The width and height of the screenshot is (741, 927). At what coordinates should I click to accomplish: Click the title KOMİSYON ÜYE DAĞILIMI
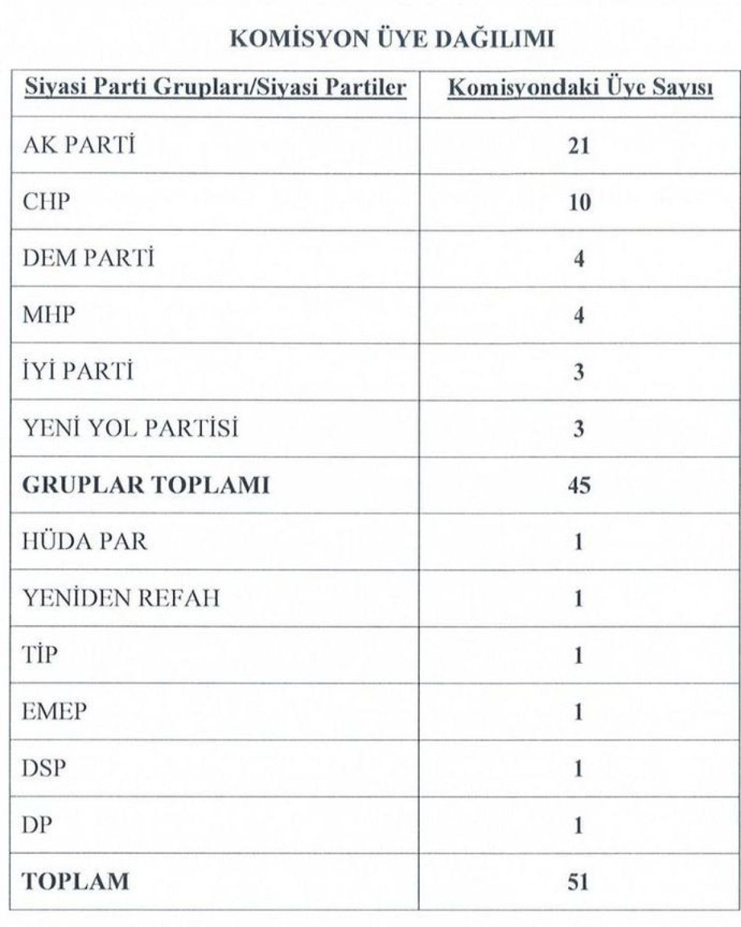[391, 38]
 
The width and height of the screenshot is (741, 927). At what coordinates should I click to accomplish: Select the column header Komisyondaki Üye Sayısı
[580, 88]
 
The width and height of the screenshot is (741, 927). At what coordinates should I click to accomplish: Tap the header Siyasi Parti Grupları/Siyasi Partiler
[215, 88]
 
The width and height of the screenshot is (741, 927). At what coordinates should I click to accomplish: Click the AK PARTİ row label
[78, 145]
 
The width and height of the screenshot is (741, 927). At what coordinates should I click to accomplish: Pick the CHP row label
[46, 201]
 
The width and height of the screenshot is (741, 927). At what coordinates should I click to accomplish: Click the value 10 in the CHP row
[579, 203]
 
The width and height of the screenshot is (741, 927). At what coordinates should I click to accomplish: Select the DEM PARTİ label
[88, 258]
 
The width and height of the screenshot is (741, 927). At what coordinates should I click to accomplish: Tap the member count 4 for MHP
[579, 316]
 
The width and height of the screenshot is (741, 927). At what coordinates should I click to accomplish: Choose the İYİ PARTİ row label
[77, 372]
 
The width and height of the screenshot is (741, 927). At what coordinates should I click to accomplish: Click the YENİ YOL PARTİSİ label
[130, 428]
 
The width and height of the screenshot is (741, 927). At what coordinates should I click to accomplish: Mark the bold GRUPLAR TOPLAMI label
[146, 485]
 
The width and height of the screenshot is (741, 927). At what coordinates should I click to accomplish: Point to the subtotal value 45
[579, 485]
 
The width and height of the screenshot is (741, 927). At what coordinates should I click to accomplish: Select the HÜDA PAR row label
[85, 542]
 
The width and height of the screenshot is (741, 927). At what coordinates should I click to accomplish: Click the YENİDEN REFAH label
[120, 598]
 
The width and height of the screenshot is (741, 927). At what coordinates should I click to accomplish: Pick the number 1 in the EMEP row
[579, 712]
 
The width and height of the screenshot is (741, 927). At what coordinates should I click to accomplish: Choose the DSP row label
[44, 768]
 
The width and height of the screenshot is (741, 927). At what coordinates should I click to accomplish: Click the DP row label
[37, 825]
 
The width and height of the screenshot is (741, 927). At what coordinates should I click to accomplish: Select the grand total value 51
[579, 882]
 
